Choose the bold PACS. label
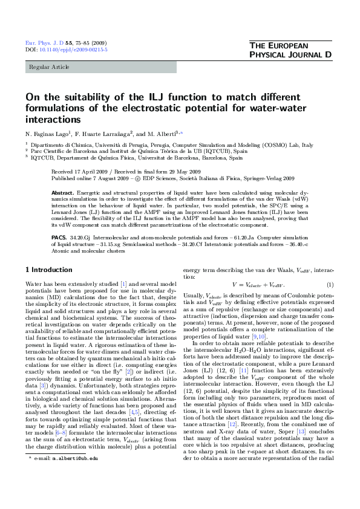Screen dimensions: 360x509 [x=59, y=238]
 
